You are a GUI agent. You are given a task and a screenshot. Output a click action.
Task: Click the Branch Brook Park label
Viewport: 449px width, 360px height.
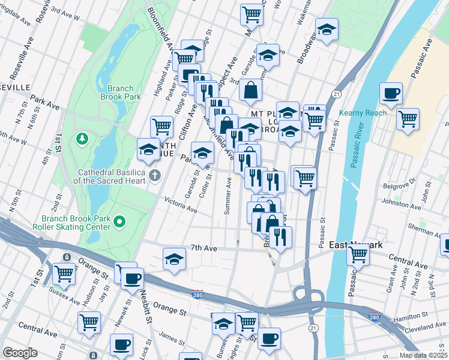pyautogui.click(x=121, y=92)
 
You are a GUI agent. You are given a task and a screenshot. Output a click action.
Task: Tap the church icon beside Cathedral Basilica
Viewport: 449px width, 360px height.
pyautogui.click(x=155, y=175)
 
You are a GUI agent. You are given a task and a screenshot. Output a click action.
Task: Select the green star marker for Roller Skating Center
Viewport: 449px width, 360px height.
pyautogui.click(x=119, y=223)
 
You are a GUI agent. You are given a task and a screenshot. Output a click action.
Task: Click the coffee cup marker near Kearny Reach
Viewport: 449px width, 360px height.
pyautogui.click(x=391, y=94)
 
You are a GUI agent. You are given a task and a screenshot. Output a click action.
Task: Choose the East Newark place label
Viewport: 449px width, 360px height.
pyautogui.click(x=356, y=245)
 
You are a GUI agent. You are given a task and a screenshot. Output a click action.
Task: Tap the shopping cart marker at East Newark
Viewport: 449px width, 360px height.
pyautogui.click(x=358, y=254)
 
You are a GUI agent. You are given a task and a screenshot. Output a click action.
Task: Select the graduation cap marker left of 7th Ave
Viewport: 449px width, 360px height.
pyautogui.click(x=174, y=259)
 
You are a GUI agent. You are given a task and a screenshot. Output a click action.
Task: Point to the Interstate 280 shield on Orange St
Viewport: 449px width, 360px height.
pyautogui.click(x=197, y=294)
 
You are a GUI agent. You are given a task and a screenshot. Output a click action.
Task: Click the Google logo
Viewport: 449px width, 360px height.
pyautogui.click(x=20, y=353)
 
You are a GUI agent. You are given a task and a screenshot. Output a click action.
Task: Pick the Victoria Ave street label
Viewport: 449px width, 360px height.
pyautogui.click(x=181, y=206)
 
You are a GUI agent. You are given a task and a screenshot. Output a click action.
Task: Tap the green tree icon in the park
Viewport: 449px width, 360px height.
pyautogui.click(x=82, y=139)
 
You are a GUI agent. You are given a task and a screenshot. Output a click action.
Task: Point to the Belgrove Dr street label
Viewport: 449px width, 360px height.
pyautogui.click(x=399, y=183)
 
